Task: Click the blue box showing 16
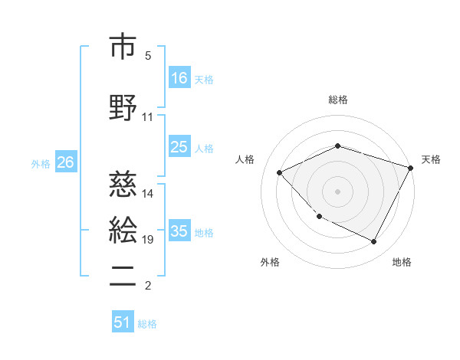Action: click(179, 77)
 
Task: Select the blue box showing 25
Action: click(179, 147)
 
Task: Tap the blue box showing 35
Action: click(179, 231)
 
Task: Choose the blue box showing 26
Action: click(65, 162)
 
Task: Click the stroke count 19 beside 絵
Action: click(148, 240)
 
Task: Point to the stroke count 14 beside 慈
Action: click(148, 193)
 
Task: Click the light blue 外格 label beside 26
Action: click(41, 163)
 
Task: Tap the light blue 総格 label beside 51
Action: click(147, 323)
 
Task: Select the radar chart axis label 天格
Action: click(432, 159)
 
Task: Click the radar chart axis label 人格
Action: click(245, 159)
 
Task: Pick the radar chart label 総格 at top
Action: click(338, 100)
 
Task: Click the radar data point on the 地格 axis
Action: click(374, 241)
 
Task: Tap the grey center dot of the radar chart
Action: click(337, 191)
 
